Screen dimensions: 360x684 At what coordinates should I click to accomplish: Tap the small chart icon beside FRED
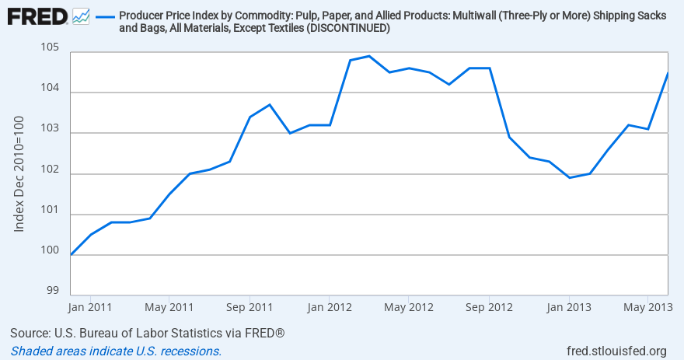point(81,16)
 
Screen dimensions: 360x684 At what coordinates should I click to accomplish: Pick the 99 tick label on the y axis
point(53,291)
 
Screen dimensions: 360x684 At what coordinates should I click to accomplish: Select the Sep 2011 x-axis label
point(250,306)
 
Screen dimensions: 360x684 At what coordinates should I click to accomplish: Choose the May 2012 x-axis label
point(409,306)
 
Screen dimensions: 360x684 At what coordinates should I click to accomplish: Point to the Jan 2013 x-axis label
point(568,306)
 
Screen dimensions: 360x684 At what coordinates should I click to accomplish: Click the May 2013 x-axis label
point(648,306)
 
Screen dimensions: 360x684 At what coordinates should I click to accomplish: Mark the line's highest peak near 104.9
point(368,56)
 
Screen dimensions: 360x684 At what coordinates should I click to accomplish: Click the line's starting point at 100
point(71,254)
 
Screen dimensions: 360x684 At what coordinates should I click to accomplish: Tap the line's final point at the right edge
point(668,73)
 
